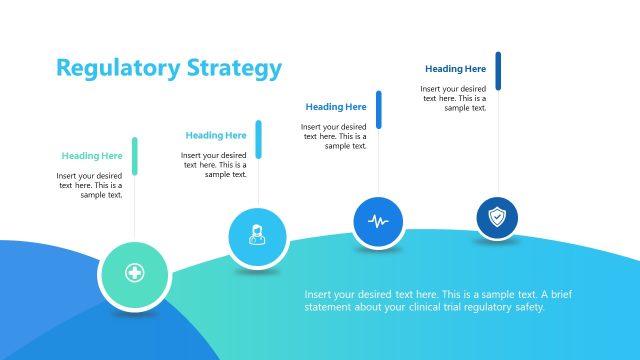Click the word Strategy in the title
click(235, 68)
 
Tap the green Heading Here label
click(92, 156)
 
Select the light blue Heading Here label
click(216, 136)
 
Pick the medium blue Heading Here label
click(336, 107)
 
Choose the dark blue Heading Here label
click(455, 69)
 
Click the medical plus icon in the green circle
click(134, 273)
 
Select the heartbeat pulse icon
click(378, 220)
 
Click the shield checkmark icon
click(497, 216)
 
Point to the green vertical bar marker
click(135, 156)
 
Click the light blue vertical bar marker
click(258, 139)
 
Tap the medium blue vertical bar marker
click(379, 109)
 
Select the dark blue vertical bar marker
click(498, 71)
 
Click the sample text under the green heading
click(90, 185)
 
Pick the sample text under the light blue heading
click(214, 165)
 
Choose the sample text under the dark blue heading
click(453, 98)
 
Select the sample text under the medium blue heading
click(334, 136)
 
